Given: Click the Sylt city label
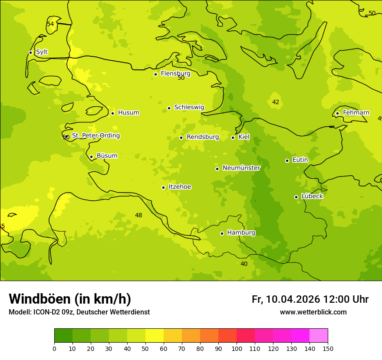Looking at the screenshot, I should [x=42, y=52].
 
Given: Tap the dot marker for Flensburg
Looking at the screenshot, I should [x=155, y=74].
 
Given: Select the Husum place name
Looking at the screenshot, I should [x=128, y=113].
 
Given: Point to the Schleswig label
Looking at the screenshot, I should [x=189, y=107].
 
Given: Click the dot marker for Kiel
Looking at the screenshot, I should [x=233, y=137].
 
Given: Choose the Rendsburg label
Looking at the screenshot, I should [x=203, y=137].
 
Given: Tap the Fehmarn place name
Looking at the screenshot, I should [x=356, y=113].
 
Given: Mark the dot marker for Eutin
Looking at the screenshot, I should [x=287, y=160].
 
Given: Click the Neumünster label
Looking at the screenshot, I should [x=241, y=168].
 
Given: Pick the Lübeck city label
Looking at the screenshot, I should [x=312, y=196].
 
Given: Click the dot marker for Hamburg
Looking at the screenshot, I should [x=222, y=233].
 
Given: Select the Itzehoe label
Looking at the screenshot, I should [x=180, y=187].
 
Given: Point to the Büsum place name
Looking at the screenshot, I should [x=107, y=156].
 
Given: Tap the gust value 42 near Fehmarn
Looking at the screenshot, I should [x=276, y=102].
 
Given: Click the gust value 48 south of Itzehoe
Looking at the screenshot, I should [x=138, y=215].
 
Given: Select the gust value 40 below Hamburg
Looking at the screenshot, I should [x=244, y=264].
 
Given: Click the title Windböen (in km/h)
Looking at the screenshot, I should [x=70, y=299].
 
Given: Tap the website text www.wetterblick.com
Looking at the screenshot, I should [x=313, y=312].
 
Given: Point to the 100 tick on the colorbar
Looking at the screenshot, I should [x=237, y=348].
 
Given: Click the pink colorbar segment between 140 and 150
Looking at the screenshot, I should [x=319, y=335].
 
